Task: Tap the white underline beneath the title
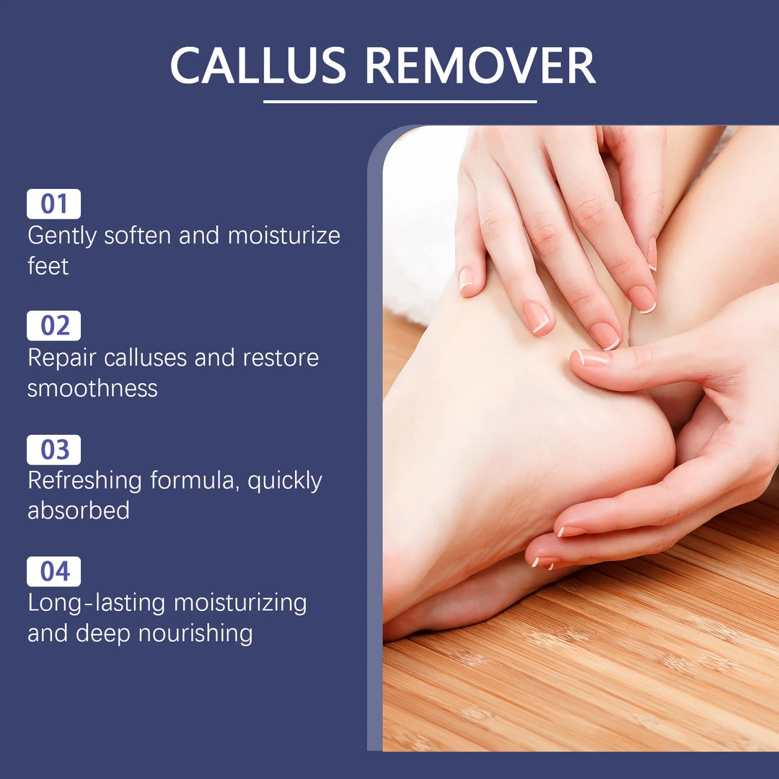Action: (x=400, y=102)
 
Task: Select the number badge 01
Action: (x=53, y=204)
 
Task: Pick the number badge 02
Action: (x=53, y=326)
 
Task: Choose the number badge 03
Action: (x=53, y=449)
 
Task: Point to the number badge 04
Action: (x=53, y=571)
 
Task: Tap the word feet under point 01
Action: (x=48, y=265)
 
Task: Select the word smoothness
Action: (x=92, y=388)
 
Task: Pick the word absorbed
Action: (x=79, y=510)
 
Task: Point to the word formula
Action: (x=195, y=481)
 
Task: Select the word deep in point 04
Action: (x=103, y=633)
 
